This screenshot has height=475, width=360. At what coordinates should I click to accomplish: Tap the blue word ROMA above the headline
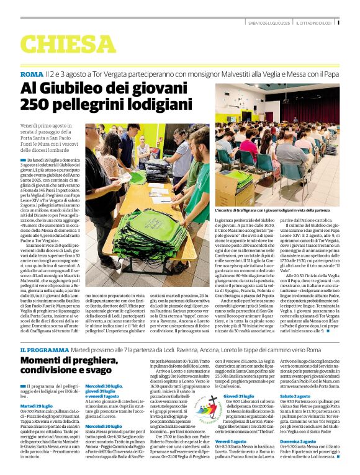(x=32, y=74)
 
